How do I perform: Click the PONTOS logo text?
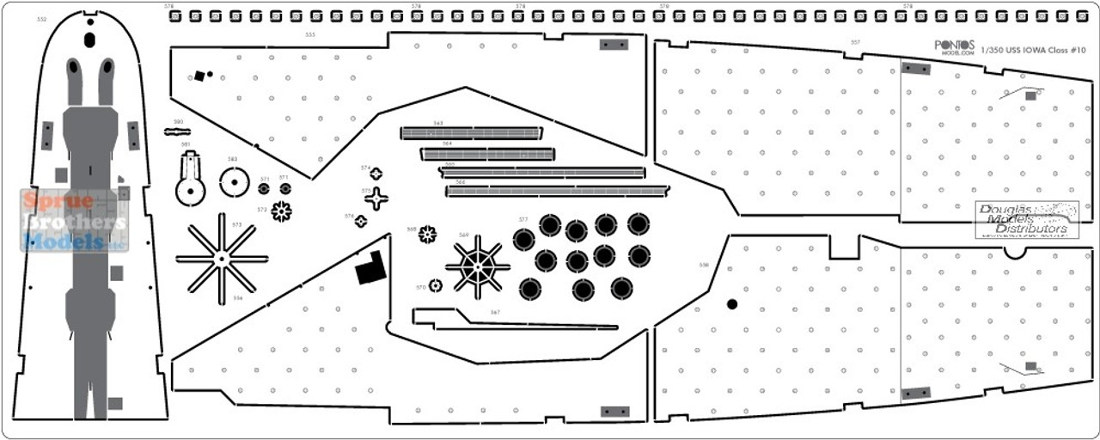[954, 45]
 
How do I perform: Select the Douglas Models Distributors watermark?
[1026, 221]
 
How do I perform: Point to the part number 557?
[854, 41]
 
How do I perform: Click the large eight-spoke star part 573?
[222, 256]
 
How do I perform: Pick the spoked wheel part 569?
[478, 266]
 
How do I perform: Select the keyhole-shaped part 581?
[190, 181]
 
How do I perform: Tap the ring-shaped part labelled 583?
[233, 182]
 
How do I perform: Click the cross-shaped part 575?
[376, 199]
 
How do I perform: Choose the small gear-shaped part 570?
[436, 285]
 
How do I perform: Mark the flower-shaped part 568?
[427, 234]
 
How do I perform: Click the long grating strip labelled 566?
[557, 191]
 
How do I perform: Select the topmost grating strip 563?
[471, 133]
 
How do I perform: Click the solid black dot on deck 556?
[731, 303]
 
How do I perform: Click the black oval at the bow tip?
[89, 39]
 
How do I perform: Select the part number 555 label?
[309, 34]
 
